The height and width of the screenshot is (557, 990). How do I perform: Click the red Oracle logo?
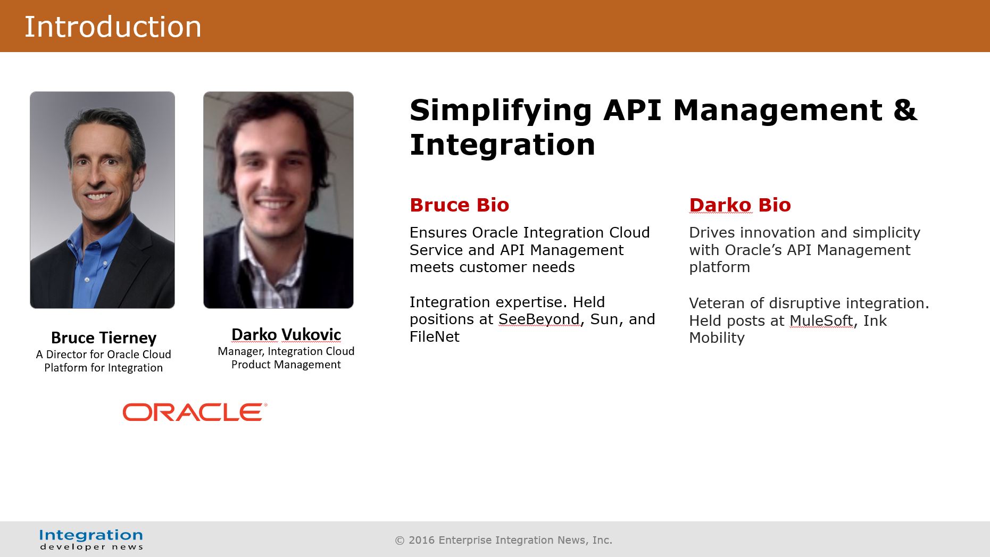tap(195, 412)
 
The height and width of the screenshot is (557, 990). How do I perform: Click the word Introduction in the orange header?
tap(113, 27)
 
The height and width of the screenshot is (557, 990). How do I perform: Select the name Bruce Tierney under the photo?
tap(104, 337)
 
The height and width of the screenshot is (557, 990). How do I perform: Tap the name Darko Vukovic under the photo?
tap(286, 334)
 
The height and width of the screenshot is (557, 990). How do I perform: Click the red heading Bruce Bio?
tap(460, 205)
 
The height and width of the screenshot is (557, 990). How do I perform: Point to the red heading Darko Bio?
tap(740, 205)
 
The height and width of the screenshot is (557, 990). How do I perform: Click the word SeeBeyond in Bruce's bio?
tap(539, 319)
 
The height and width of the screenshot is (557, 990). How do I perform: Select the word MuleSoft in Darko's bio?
tap(821, 320)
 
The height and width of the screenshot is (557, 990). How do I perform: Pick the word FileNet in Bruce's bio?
tap(435, 336)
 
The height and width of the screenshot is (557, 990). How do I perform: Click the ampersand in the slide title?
tap(905, 110)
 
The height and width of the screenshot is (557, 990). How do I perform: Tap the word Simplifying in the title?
tap(501, 111)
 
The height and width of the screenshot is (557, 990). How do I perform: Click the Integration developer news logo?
tap(91, 539)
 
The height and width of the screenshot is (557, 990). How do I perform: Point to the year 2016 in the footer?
tap(422, 540)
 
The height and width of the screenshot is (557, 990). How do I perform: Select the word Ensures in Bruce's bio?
tap(438, 232)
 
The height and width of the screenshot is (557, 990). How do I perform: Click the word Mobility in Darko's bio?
tap(717, 337)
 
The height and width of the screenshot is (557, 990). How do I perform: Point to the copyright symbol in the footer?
tap(400, 541)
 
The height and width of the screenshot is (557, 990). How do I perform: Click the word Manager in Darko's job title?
tap(240, 351)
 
